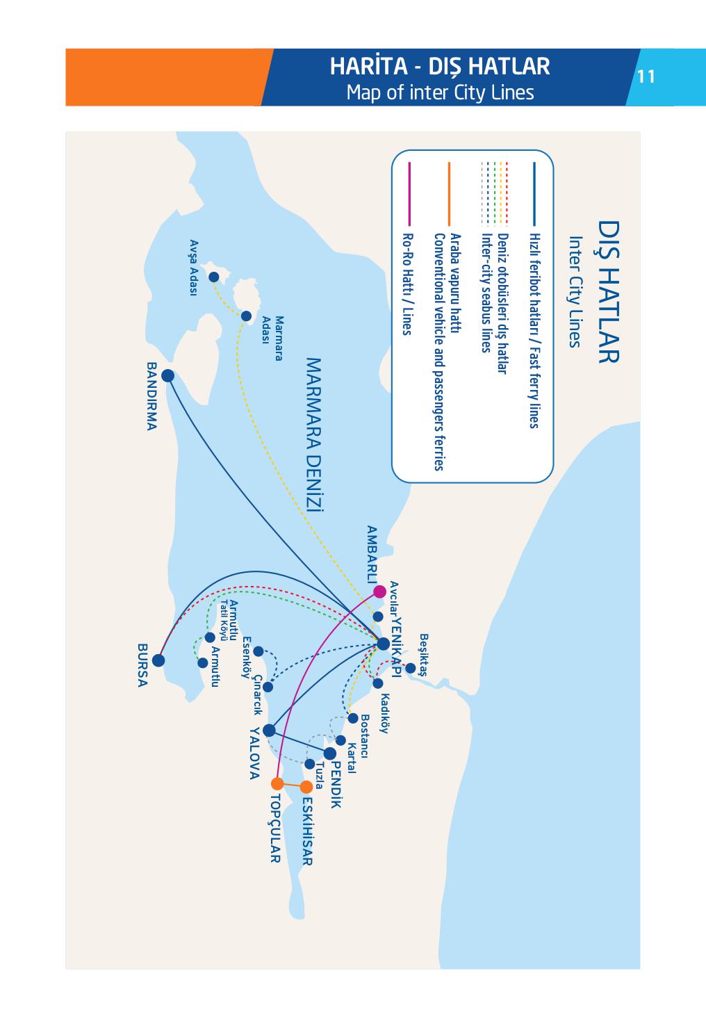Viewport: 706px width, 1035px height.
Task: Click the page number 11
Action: [x=646, y=76]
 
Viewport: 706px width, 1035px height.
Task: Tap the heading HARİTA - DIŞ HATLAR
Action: [x=440, y=66]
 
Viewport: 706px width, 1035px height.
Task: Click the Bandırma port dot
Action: [x=167, y=376]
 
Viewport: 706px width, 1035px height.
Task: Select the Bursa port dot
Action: [x=158, y=660]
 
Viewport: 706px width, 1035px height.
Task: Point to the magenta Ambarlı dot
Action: [x=379, y=592]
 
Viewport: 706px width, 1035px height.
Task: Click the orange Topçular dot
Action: [x=277, y=783]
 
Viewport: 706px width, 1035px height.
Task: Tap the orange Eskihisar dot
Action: [x=306, y=788]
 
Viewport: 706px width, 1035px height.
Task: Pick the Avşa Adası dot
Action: [x=214, y=277]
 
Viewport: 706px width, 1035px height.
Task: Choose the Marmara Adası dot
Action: [x=246, y=316]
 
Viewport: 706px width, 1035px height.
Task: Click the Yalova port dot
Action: [x=269, y=731]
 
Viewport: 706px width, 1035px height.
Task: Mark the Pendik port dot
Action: [x=330, y=753]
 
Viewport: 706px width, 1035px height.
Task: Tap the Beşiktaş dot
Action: [x=410, y=668]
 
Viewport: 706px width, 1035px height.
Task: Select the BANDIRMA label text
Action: [x=152, y=396]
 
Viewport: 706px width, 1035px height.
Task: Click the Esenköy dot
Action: [x=258, y=651]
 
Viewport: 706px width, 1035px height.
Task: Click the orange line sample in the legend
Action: [x=450, y=194]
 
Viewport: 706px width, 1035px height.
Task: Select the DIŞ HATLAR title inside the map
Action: [x=607, y=291]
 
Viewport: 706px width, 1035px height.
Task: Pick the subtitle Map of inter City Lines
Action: [x=440, y=92]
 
